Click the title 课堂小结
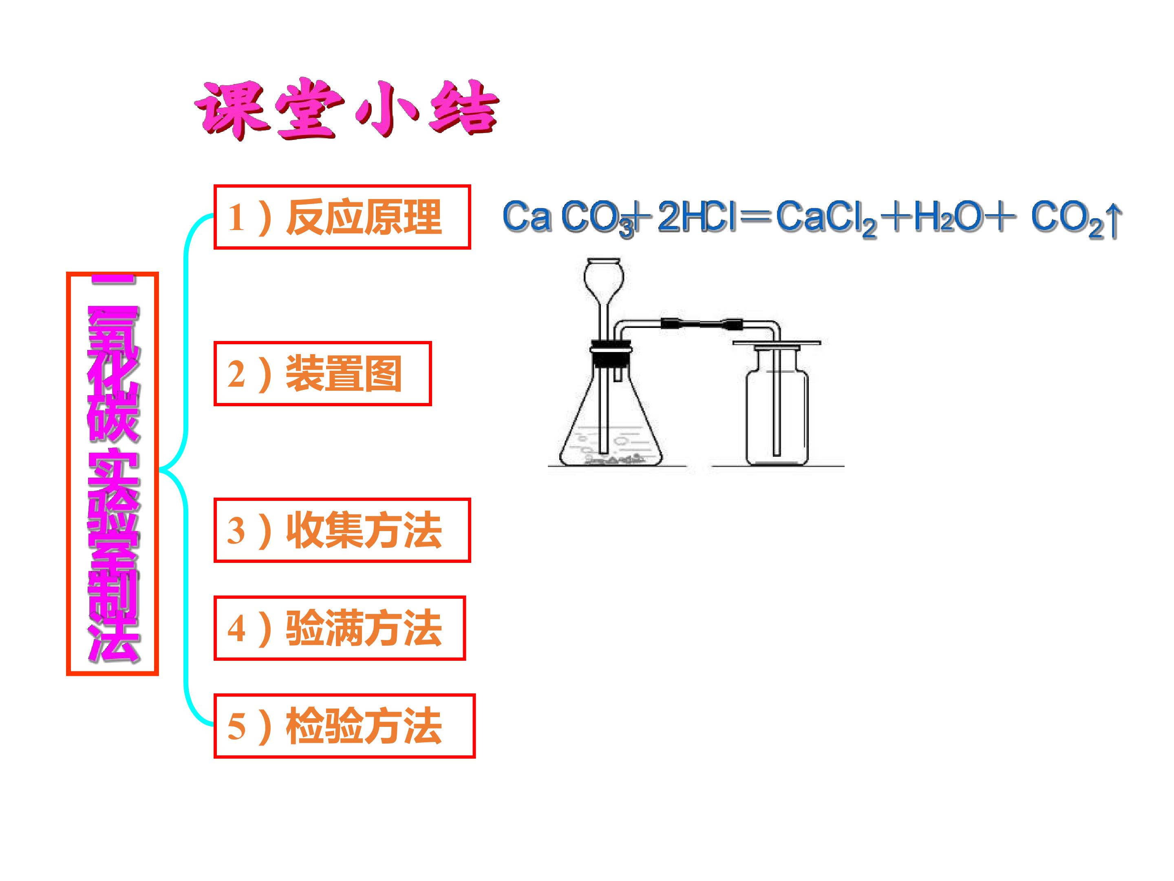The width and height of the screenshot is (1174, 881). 346,108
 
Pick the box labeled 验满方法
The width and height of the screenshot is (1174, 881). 340,628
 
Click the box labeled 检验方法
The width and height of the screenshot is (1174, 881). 344,726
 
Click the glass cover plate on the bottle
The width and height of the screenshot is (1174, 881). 777,343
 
